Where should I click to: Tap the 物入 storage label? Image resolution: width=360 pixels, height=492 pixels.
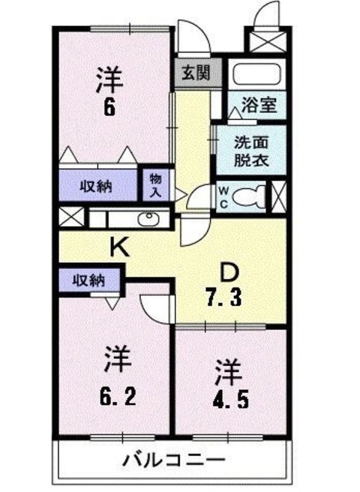point(154,184)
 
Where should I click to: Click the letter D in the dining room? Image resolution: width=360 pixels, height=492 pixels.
point(228,273)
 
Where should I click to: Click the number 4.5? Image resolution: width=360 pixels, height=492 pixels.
point(230,401)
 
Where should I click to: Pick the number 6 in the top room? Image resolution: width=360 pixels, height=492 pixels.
point(110,107)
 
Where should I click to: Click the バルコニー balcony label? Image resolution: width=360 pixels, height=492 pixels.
point(169,462)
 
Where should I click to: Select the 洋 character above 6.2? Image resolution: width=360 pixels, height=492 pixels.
point(117,360)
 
